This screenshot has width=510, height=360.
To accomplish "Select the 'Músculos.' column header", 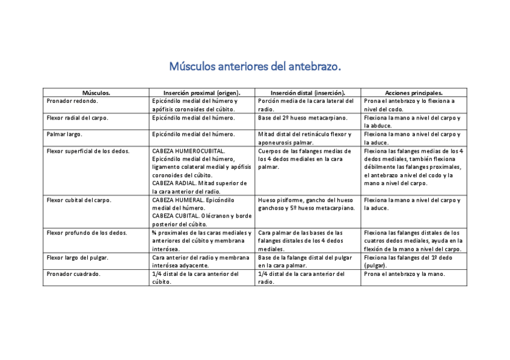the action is (x=96, y=93).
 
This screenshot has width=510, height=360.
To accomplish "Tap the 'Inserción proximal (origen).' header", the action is (x=202, y=93).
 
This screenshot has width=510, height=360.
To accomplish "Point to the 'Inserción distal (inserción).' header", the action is (x=307, y=93).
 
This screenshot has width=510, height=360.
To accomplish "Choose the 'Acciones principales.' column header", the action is (x=414, y=93).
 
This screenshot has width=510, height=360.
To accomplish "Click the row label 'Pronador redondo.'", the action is (x=72, y=101).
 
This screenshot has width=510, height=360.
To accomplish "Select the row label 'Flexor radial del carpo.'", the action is (x=78, y=118).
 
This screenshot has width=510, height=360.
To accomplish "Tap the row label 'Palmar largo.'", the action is (x=64, y=134).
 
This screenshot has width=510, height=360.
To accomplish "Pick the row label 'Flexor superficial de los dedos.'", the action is (x=88, y=151).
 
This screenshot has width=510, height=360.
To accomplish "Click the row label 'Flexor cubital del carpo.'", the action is (x=79, y=200).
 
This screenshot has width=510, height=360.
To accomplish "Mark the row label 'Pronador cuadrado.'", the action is (x=73, y=273).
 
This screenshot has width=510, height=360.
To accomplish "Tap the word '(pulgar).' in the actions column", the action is (x=376, y=265).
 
